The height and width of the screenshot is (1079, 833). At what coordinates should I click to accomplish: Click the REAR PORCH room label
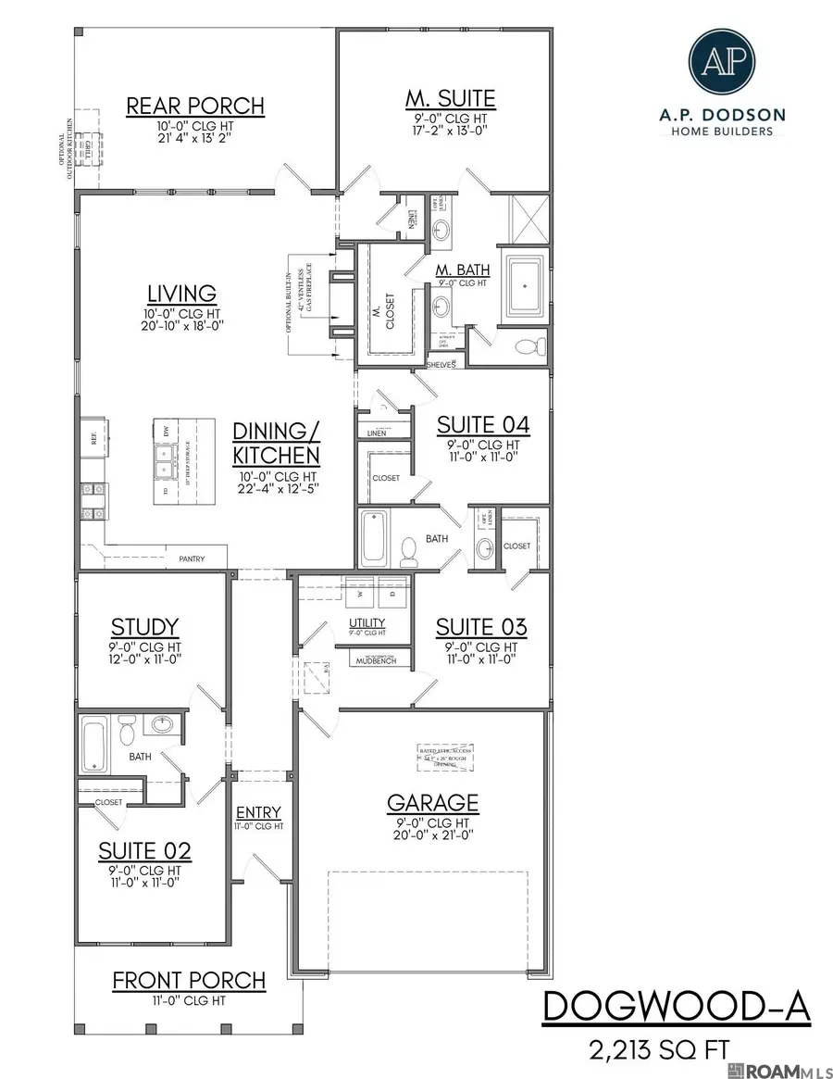[195, 106]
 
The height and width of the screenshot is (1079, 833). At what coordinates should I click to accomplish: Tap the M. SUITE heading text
[451, 98]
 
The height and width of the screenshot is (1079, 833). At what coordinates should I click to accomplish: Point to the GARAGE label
[432, 802]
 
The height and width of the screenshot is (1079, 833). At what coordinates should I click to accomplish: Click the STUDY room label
[144, 628]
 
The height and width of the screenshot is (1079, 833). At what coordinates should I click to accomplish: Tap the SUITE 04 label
[483, 425]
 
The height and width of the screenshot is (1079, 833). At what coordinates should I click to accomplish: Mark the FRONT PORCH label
[189, 980]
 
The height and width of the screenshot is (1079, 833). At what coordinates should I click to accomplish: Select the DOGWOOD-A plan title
[676, 1008]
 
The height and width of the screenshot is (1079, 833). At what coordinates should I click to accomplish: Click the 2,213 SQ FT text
[658, 1050]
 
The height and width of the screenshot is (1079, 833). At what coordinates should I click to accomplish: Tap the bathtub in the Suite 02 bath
[94, 744]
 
